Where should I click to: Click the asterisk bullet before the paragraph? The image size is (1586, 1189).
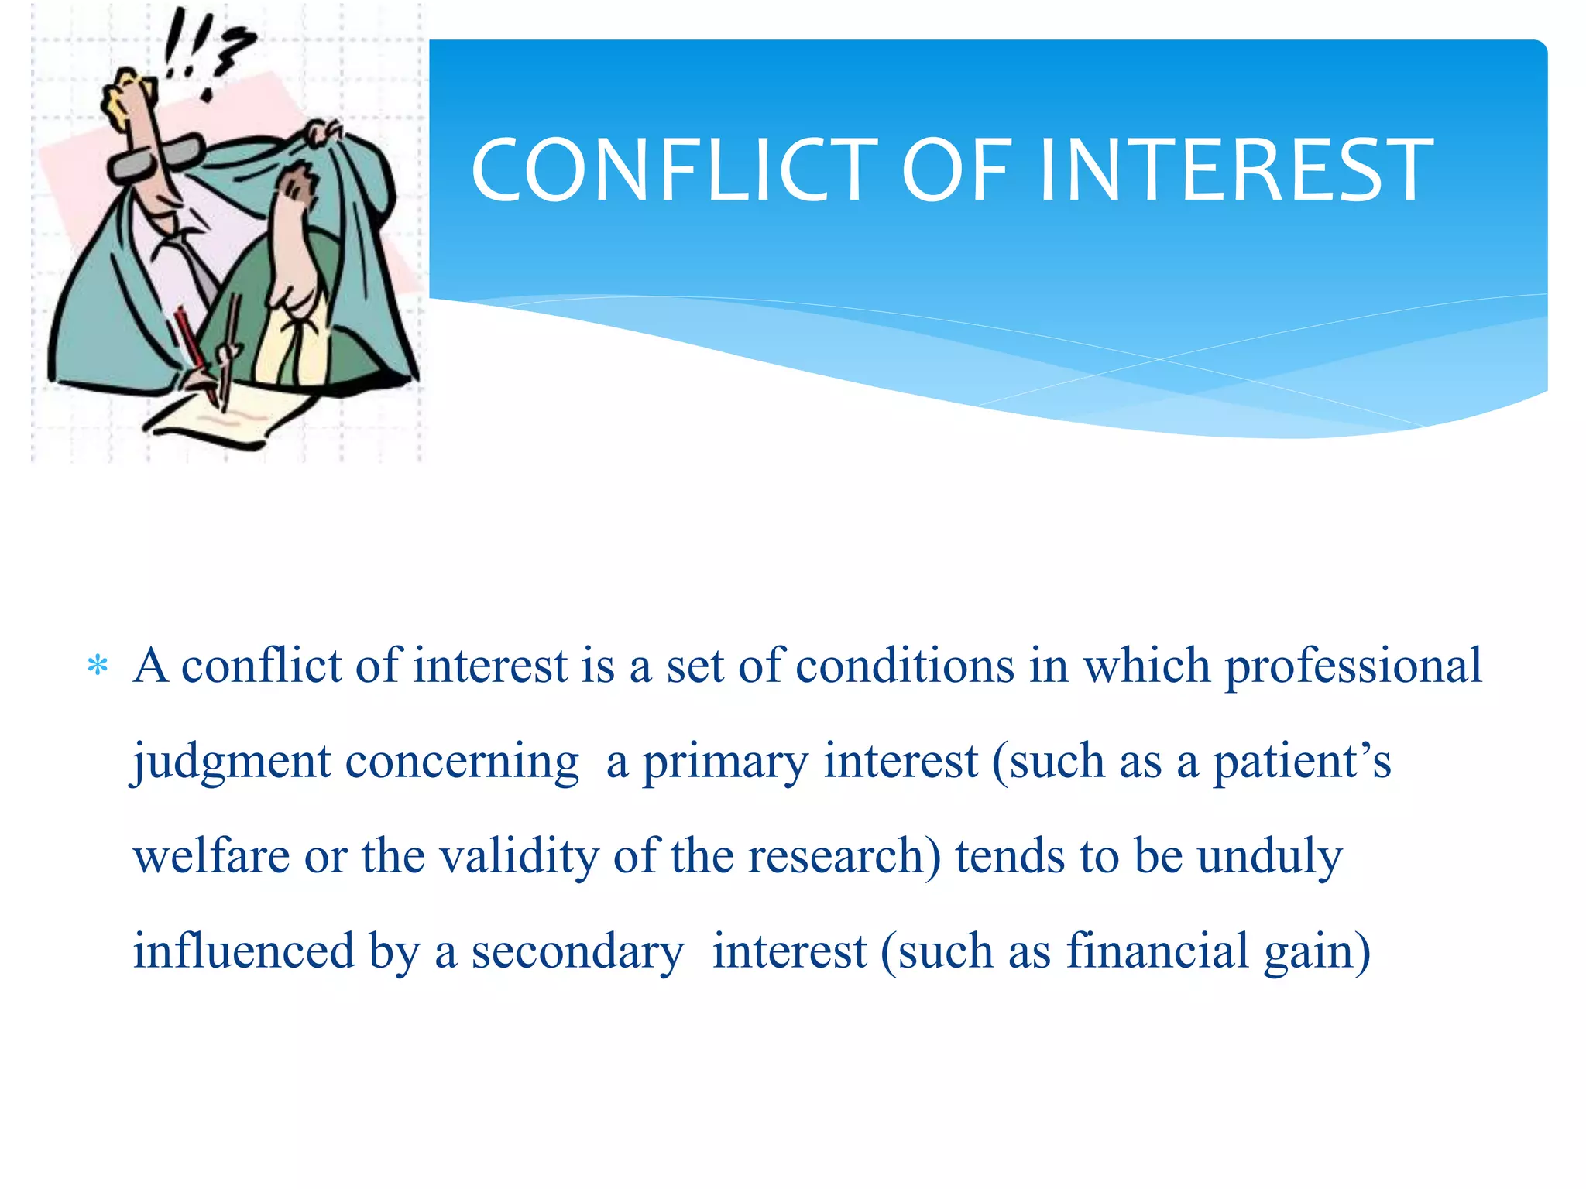click(x=98, y=666)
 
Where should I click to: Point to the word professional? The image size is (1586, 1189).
click(x=1352, y=666)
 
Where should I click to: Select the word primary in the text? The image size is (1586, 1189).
click(x=725, y=762)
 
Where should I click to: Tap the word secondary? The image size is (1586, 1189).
click(x=578, y=952)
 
